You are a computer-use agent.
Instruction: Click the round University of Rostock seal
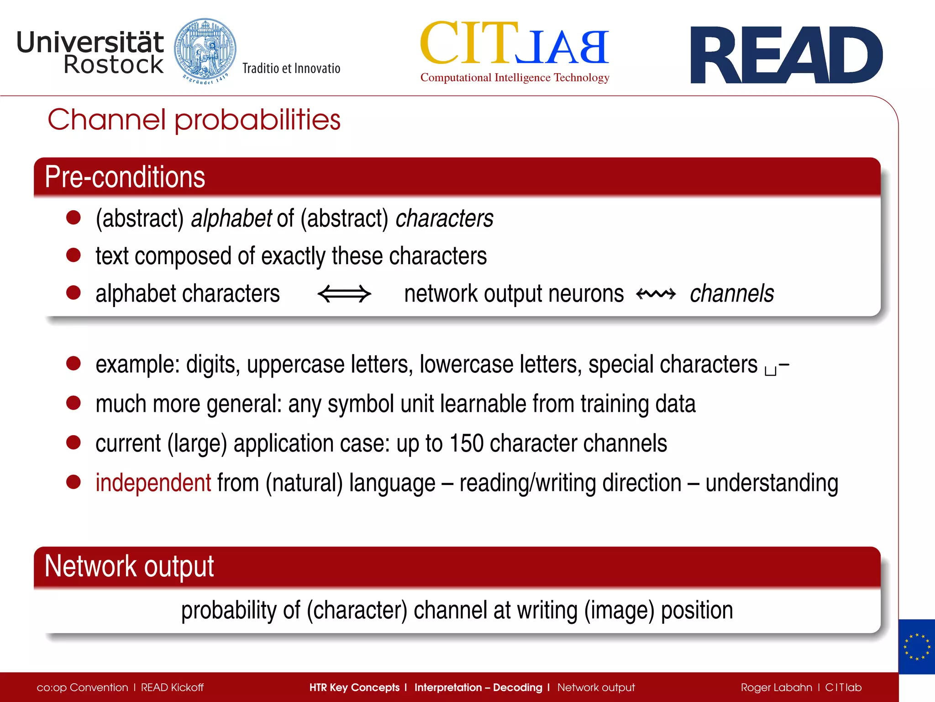(x=205, y=51)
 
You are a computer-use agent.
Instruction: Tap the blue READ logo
(x=786, y=55)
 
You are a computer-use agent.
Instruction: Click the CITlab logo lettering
(x=515, y=44)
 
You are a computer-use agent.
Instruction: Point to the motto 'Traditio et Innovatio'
(x=291, y=69)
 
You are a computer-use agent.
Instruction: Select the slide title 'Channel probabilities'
(x=194, y=120)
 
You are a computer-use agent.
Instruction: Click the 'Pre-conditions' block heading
(x=125, y=177)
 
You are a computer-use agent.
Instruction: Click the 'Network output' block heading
(x=129, y=566)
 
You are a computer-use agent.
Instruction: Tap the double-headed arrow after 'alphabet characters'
(x=344, y=294)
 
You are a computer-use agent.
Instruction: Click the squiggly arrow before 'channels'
(x=656, y=294)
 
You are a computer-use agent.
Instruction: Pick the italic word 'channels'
(x=731, y=293)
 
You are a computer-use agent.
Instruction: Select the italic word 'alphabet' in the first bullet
(x=231, y=218)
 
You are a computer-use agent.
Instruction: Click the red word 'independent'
(x=153, y=483)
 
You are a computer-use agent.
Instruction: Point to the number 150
(x=466, y=443)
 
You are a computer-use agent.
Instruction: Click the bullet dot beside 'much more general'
(x=74, y=403)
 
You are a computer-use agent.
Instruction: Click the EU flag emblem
(x=916, y=647)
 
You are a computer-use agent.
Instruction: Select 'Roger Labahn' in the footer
(x=776, y=687)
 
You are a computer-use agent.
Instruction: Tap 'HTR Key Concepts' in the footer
(x=354, y=687)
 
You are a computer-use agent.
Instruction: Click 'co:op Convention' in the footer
(x=82, y=687)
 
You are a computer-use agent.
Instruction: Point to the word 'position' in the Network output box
(x=697, y=611)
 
